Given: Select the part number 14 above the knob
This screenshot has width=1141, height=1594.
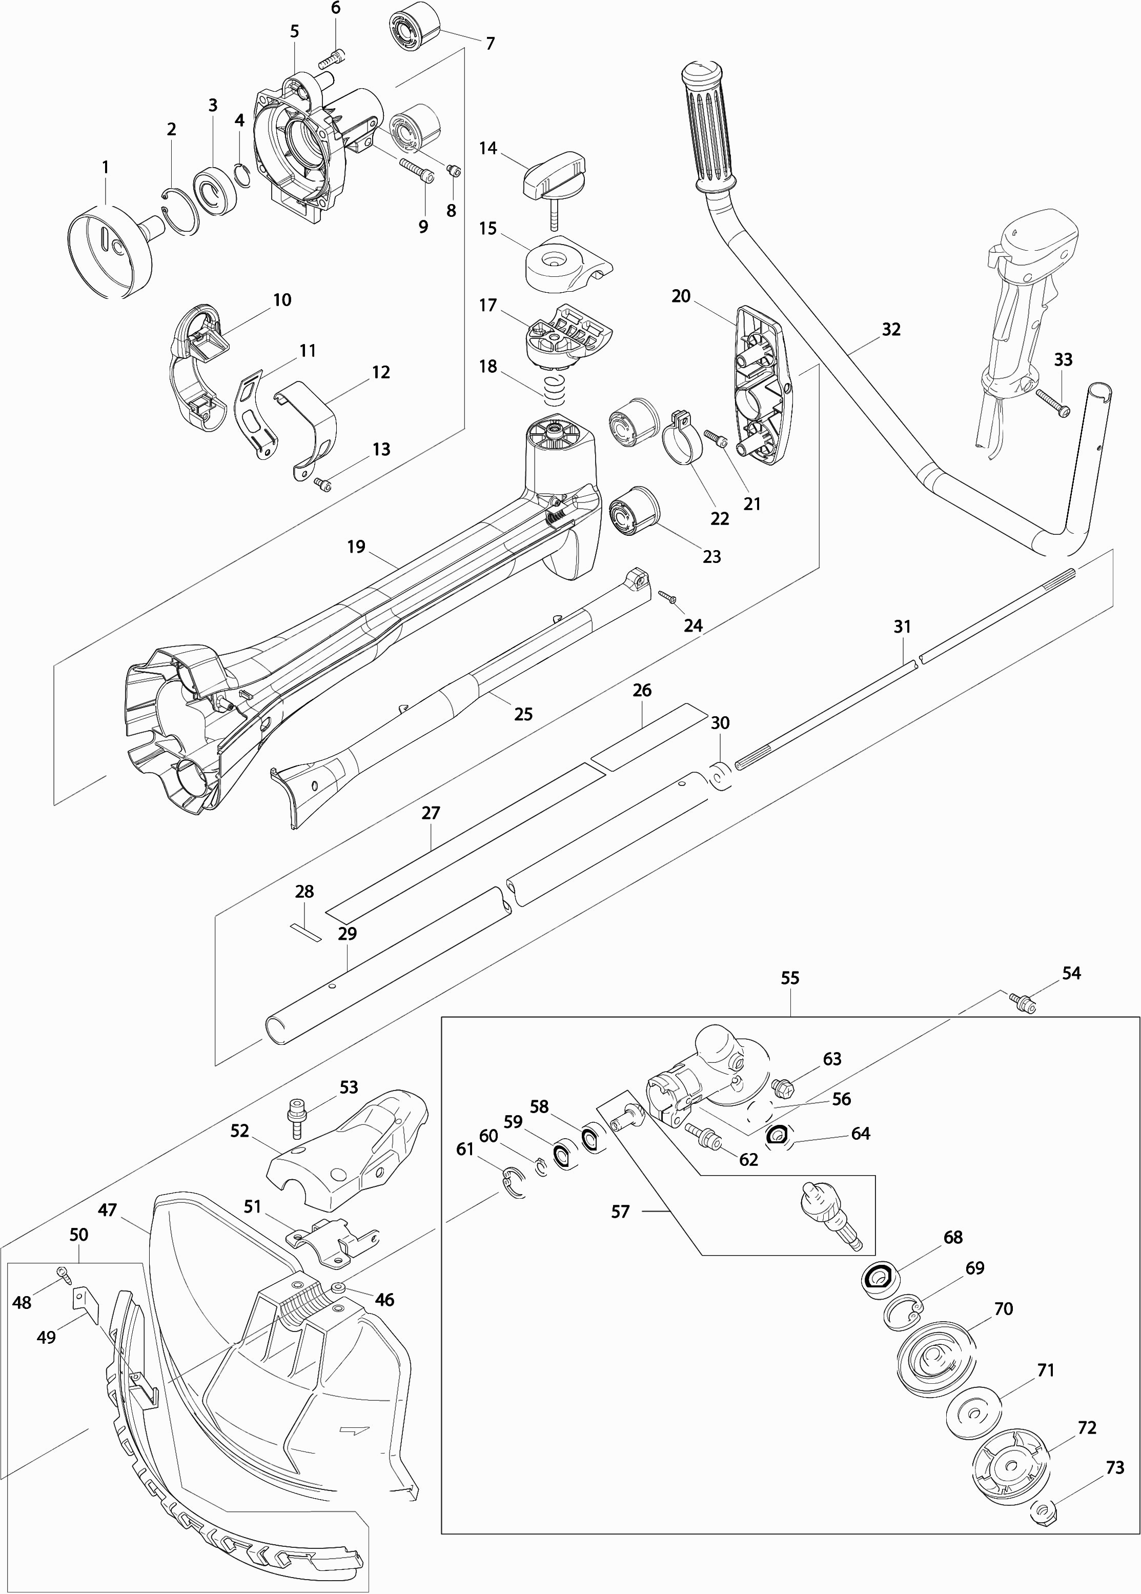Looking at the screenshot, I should click(488, 148).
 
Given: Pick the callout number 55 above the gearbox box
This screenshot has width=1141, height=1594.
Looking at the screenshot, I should click(790, 978).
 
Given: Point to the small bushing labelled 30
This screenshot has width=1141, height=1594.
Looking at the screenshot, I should click(720, 775).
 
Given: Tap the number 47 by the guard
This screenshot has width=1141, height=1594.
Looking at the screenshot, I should click(108, 1210).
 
